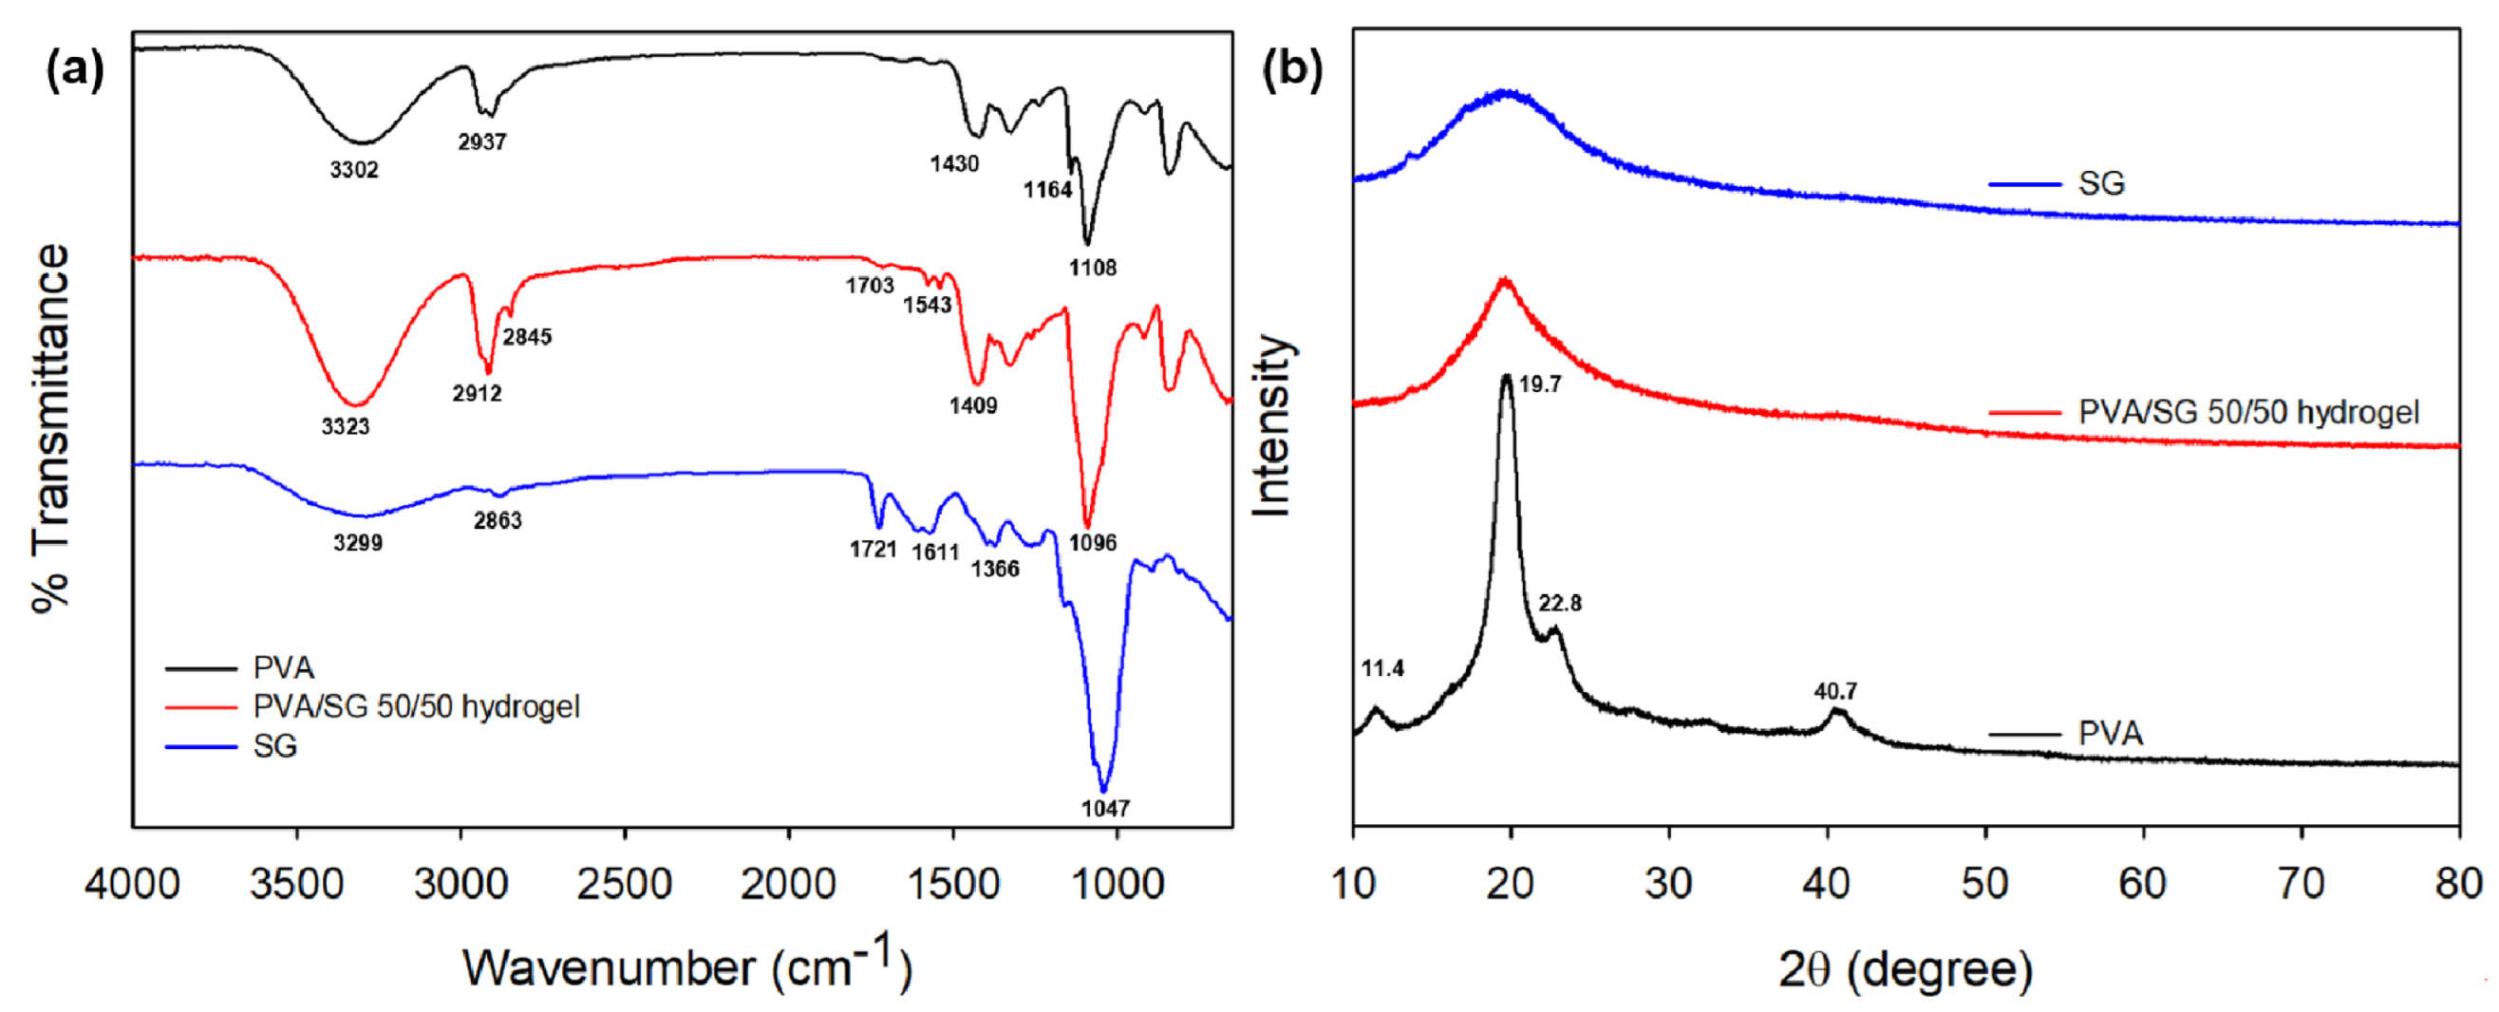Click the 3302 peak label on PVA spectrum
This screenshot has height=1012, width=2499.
[x=354, y=171]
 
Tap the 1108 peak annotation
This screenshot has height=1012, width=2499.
[x=1094, y=268]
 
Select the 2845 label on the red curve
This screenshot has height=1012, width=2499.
[x=527, y=337]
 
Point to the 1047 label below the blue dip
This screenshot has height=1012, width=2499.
[x=1105, y=808]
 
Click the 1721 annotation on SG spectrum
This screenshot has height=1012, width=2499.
[x=874, y=551]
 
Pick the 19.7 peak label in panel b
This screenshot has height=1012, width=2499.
[x=1540, y=385]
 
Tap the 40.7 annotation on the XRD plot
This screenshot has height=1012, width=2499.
[x=1835, y=692]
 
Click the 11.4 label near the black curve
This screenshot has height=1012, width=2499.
[x=1382, y=668]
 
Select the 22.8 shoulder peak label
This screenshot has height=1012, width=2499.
[x=1560, y=604]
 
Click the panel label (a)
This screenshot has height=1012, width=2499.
[x=75, y=70]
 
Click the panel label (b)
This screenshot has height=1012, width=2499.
[x=1292, y=70]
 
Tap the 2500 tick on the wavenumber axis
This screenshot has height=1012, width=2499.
[x=625, y=884]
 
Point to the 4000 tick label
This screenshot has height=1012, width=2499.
[x=132, y=884]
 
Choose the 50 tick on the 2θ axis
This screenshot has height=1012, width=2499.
[x=1984, y=884]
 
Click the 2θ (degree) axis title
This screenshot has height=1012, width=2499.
[x=1906, y=968]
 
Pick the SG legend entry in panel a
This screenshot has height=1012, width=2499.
[x=274, y=746]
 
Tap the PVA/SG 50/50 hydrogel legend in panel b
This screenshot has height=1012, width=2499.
[x=2247, y=412]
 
